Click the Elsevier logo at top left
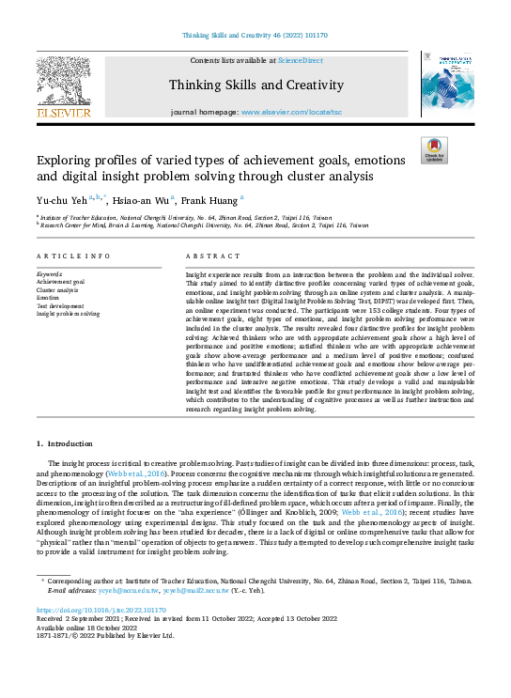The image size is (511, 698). [x=64, y=87]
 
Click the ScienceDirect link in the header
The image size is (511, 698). [x=301, y=60]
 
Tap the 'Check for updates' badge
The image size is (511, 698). [x=434, y=150]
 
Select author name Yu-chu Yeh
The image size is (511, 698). [x=58, y=199]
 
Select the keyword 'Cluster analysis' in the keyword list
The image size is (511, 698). [x=58, y=289]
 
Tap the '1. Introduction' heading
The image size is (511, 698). [x=65, y=442]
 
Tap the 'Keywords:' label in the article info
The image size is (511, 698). [x=51, y=273]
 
